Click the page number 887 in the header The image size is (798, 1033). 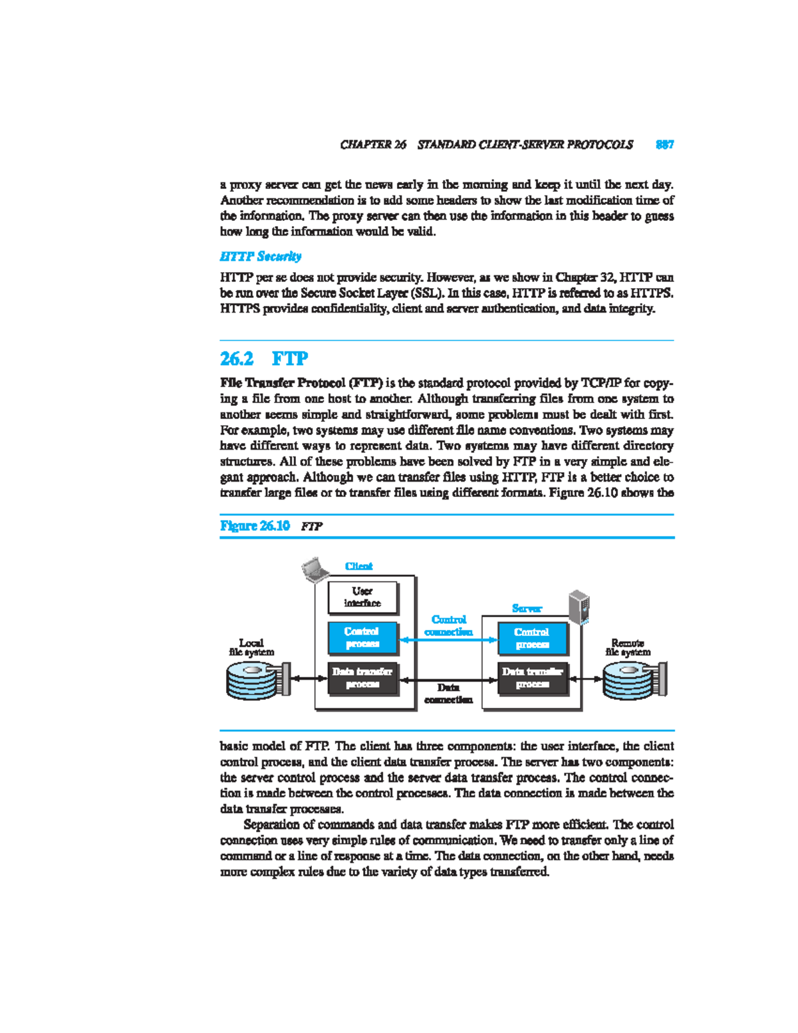pos(664,144)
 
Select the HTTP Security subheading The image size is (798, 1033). pos(260,256)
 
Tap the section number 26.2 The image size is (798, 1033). pos(237,359)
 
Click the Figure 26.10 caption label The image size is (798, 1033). pos(255,525)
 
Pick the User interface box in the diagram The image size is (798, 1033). pos(362,597)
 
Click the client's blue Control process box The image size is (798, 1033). pos(362,638)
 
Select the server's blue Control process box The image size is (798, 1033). pos(532,639)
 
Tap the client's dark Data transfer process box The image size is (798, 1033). pos(362,678)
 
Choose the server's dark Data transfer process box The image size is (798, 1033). pos(533,678)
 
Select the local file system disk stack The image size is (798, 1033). pos(256,680)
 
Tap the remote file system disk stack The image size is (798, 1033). pos(633,680)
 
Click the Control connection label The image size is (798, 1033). pos(449,625)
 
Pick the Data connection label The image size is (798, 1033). pos(448,693)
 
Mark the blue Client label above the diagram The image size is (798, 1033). pos(358,566)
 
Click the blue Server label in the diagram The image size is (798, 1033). pos(527,608)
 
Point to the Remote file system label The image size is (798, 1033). pos(628,647)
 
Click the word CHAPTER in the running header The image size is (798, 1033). pos(365,144)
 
